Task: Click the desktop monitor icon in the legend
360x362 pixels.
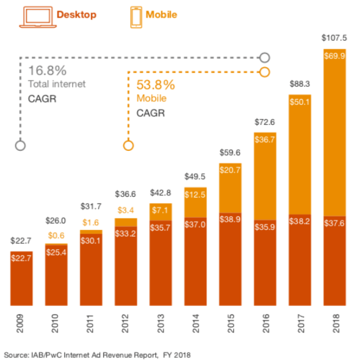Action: [x=34, y=17]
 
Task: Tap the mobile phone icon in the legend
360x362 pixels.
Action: [x=137, y=17]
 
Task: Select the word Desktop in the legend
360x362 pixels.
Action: [x=77, y=15]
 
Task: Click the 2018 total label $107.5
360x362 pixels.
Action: [x=333, y=38]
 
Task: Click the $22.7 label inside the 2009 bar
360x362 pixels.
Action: [x=21, y=258]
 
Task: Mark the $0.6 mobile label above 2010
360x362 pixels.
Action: [x=55, y=235]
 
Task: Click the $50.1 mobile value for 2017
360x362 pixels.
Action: [x=299, y=101]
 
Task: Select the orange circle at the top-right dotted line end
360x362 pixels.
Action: [x=264, y=72]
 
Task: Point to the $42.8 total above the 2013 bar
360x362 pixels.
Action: [x=160, y=193]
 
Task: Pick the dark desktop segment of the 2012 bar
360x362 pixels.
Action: [x=125, y=265]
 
